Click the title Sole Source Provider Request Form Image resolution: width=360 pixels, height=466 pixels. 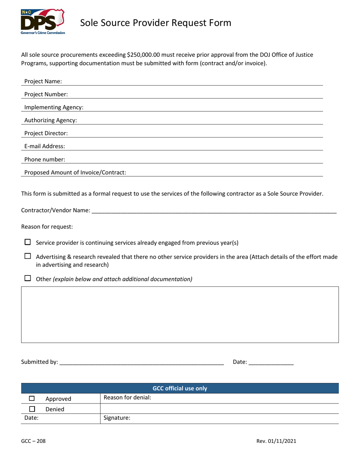(x=156, y=23)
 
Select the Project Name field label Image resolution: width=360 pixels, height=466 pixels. (x=43, y=81)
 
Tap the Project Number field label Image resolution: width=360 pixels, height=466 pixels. (x=46, y=94)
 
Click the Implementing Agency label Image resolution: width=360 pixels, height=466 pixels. (x=54, y=107)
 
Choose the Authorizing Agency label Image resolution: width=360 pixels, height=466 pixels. (x=50, y=120)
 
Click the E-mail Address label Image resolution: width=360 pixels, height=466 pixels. (x=44, y=146)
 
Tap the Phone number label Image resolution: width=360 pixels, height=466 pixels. (x=44, y=160)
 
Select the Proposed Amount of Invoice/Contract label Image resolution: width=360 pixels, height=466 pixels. (x=75, y=173)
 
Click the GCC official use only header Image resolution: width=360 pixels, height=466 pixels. (x=180, y=388)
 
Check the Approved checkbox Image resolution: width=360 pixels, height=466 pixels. (x=32, y=399)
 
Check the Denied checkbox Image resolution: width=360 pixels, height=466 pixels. (x=32, y=409)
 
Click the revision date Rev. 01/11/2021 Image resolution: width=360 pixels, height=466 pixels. (x=276, y=441)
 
